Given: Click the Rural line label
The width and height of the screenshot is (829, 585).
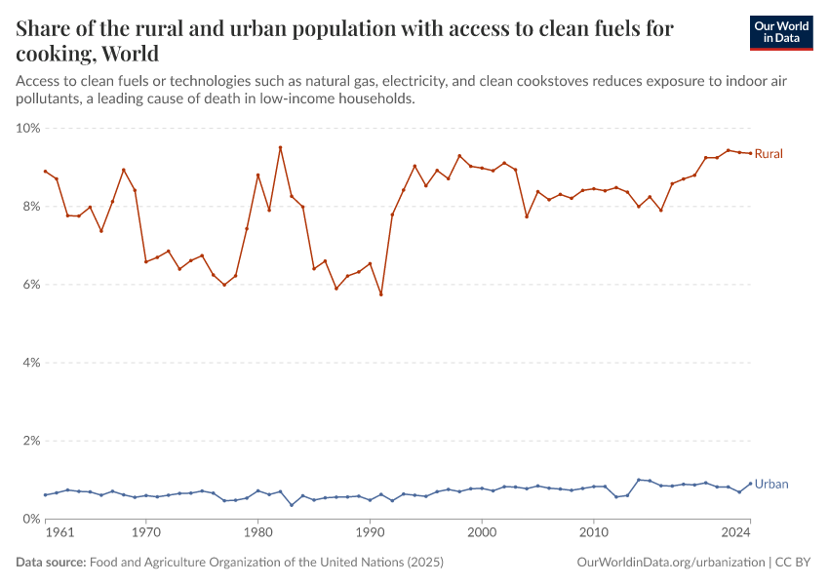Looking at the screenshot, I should (769, 154).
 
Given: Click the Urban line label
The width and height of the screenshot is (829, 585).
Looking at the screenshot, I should (771, 484).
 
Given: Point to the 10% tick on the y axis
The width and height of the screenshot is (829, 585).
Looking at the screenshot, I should (28, 128).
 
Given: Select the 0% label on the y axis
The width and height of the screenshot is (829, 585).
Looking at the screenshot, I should (31, 519).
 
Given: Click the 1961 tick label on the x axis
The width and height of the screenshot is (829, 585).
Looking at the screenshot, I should (59, 533).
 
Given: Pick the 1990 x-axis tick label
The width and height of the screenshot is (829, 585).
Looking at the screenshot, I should (370, 533).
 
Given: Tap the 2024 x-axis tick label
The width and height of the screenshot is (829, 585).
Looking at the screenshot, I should (736, 533).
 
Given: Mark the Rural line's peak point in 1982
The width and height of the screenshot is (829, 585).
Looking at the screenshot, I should (280, 147).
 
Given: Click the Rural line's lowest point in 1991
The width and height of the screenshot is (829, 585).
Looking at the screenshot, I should (380, 294).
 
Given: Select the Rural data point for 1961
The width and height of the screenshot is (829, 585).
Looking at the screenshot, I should (45, 171).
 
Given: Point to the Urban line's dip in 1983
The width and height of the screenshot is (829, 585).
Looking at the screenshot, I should (292, 505).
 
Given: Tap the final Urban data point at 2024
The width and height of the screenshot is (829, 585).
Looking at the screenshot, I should (750, 483).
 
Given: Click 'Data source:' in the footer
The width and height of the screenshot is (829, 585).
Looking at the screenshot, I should (51, 563).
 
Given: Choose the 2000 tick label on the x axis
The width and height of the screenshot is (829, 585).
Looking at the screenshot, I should (482, 533).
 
